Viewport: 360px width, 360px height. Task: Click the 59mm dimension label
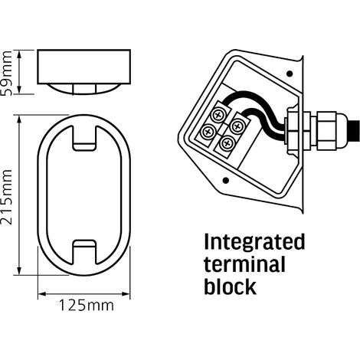[x=7, y=74]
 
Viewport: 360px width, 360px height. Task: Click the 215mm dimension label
[x=7, y=197]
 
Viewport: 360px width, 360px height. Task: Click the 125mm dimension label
[x=87, y=305]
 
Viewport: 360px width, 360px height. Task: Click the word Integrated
[x=254, y=243]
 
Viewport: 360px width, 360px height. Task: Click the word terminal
[x=244, y=264]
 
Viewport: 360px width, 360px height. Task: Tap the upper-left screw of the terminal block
[x=218, y=115]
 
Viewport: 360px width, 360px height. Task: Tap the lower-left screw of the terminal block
[x=208, y=132]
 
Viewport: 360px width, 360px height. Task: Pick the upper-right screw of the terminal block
[x=237, y=126]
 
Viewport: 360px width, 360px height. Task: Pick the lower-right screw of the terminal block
[x=227, y=143]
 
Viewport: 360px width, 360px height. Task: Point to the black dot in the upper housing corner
[x=290, y=74]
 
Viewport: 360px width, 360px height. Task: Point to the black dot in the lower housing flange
[x=226, y=181]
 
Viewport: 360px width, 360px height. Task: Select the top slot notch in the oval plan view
[x=84, y=138]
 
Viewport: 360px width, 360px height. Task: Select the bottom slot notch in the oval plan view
[x=84, y=252]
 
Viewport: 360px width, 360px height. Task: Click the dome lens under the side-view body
[x=84, y=89]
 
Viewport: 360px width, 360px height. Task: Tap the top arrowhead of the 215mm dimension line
[x=19, y=119]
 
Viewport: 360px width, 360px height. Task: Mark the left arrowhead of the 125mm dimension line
[x=42, y=294]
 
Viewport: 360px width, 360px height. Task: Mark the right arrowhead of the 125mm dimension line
[x=126, y=294]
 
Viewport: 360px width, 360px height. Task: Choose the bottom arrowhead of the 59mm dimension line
[x=19, y=90]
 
